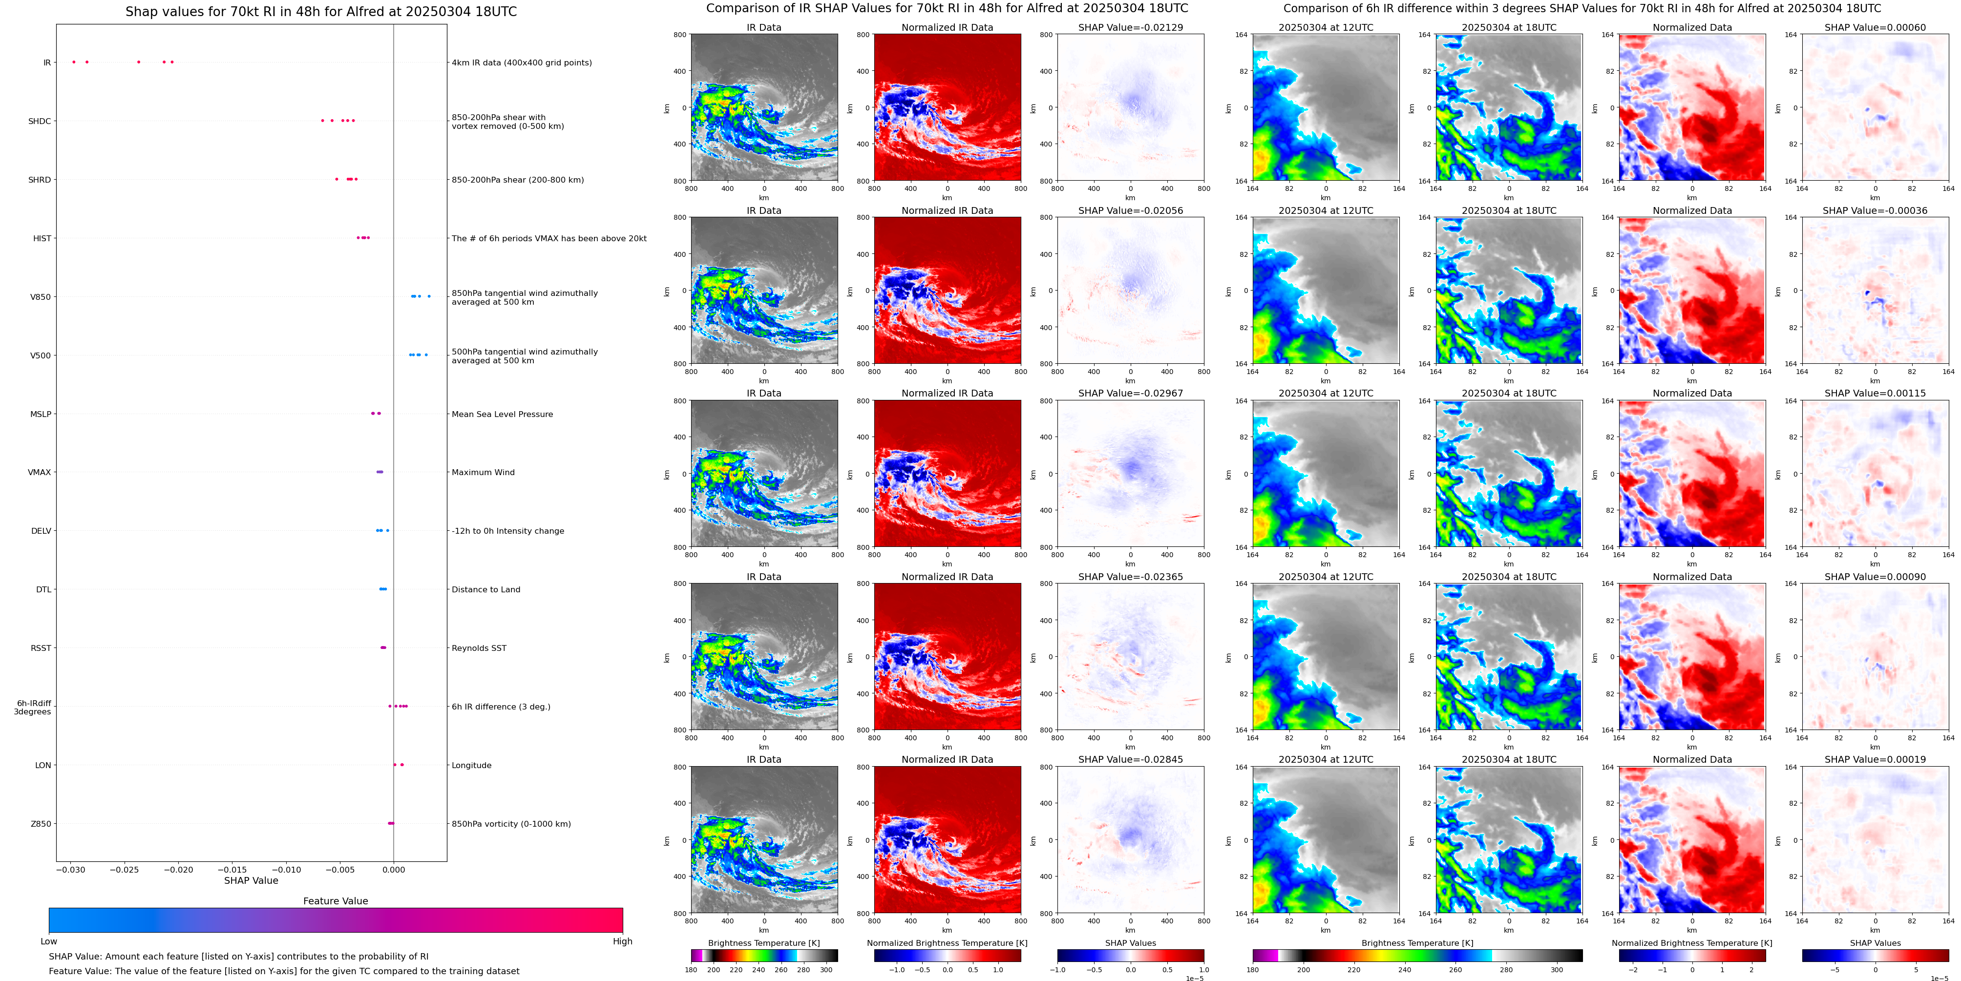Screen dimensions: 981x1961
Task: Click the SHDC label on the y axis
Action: (x=40, y=121)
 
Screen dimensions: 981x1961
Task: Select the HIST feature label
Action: (x=42, y=238)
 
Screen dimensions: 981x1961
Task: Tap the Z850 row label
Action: (x=41, y=823)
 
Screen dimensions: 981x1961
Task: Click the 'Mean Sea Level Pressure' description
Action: (x=502, y=414)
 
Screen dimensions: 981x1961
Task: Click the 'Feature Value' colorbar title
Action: (x=335, y=901)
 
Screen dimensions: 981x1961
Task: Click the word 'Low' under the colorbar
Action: (x=49, y=941)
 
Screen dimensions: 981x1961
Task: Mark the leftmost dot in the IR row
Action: (x=74, y=62)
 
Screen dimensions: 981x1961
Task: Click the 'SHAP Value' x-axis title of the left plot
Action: (x=251, y=880)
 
